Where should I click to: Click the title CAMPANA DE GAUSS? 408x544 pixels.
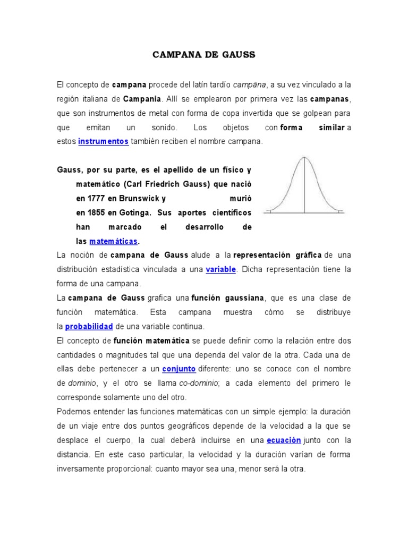click(x=204, y=55)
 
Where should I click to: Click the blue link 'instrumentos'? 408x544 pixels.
click(x=103, y=141)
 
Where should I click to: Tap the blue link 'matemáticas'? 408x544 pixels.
click(x=114, y=241)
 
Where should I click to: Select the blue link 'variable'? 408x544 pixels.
click(x=220, y=269)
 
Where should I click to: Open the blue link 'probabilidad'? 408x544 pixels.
click(x=89, y=326)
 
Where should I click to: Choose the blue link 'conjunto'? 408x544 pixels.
click(x=179, y=369)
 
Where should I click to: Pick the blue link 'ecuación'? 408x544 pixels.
click(x=284, y=440)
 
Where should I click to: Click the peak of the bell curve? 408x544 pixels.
click(x=304, y=157)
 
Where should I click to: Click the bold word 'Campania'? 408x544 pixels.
click(x=142, y=99)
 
